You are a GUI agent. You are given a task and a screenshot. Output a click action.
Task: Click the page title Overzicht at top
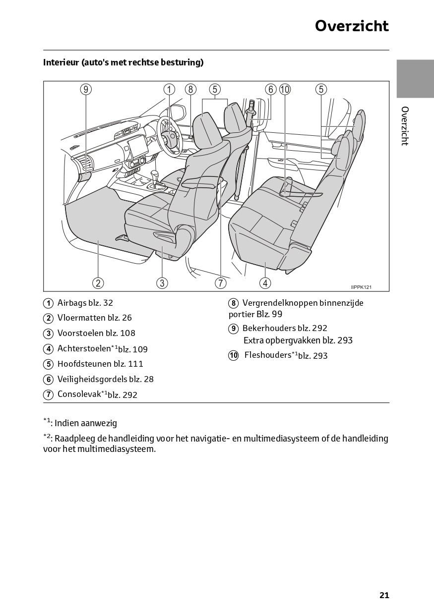352,26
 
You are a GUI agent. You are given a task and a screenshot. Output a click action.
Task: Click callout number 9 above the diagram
86,89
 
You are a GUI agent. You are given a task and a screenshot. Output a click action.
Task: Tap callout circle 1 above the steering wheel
170,89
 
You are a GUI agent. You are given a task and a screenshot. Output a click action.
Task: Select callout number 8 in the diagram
190,89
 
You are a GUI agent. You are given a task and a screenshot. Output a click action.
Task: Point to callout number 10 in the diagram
285,89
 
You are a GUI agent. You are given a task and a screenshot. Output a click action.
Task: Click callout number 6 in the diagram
271,89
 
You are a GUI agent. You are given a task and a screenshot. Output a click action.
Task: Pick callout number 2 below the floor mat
98,283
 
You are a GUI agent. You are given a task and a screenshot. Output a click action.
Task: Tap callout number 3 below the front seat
162,283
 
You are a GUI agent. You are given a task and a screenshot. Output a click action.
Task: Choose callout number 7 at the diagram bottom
220,283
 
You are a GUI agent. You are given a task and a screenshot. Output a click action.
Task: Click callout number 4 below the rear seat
265,283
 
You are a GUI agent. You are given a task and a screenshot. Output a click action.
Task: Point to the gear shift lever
155,177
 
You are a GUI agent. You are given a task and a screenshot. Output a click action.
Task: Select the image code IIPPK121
361,287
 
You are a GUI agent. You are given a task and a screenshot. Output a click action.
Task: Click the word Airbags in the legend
72,303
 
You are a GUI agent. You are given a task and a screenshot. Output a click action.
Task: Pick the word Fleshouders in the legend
267,355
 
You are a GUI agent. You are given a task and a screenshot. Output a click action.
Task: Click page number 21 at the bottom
384,595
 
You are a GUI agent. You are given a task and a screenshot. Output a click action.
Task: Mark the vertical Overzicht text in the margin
405,126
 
